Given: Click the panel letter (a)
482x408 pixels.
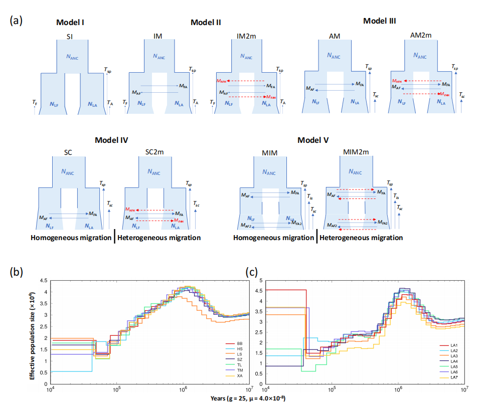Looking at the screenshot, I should pyautogui.click(x=16, y=21).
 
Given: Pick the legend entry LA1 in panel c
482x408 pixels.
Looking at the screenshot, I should pyautogui.click(x=453, y=345).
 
